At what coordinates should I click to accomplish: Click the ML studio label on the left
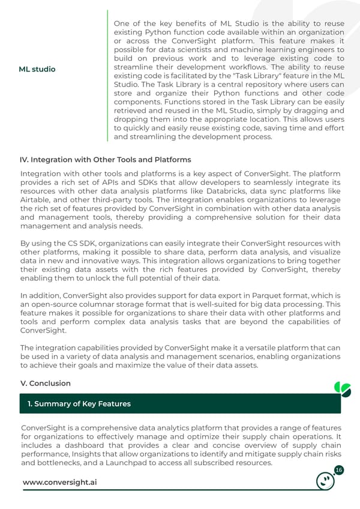tap(37, 69)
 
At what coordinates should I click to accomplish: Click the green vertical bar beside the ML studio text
tap(108, 75)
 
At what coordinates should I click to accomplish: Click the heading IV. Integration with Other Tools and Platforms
tap(106, 160)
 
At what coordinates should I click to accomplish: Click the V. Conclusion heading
tap(46, 383)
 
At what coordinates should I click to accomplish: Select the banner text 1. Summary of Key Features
tap(79, 404)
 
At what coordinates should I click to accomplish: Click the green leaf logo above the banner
tap(342, 389)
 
